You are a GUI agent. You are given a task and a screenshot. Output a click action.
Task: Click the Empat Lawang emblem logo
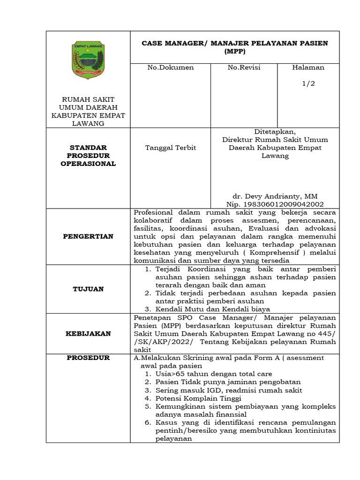click(88, 60)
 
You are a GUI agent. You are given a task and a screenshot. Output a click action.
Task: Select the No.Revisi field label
click(244, 67)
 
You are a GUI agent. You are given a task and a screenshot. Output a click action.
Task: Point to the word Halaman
click(308, 67)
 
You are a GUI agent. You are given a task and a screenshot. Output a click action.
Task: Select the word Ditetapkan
click(275, 132)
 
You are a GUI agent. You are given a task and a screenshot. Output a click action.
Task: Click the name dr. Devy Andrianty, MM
click(275, 196)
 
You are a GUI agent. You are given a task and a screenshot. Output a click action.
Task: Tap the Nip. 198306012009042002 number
click(275, 204)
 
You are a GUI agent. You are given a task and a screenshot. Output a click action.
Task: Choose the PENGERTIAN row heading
click(88, 236)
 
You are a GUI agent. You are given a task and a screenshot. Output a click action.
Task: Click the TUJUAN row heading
click(88, 289)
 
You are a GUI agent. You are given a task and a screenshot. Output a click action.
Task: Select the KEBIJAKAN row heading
click(88, 333)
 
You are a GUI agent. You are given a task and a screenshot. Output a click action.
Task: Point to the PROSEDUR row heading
click(88, 358)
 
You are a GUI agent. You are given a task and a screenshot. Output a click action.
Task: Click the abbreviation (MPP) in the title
click(235, 52)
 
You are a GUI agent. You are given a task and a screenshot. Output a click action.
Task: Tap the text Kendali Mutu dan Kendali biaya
click(213, 309)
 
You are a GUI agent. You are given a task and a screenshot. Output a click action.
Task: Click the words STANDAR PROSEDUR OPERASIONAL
click(88, 155)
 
